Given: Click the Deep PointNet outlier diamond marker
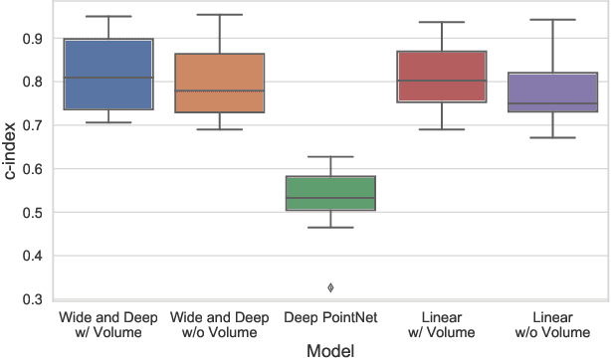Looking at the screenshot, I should pyautogui.click(x=330, y=287).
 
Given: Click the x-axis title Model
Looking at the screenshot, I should pyautogui.click(x=330, y=350).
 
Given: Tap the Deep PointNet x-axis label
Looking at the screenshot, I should pyautogui.click(x=330, y=316).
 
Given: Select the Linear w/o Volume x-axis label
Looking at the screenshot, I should pyautogui.click(x=553, y=323).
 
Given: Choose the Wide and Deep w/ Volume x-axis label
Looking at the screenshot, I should pyautogui.click(x=107, y=323).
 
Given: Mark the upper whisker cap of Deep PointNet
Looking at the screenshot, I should pyautogui.click(x=330, y=157).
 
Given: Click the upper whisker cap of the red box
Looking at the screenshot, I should pyautogui.click(x=442, y=22).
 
